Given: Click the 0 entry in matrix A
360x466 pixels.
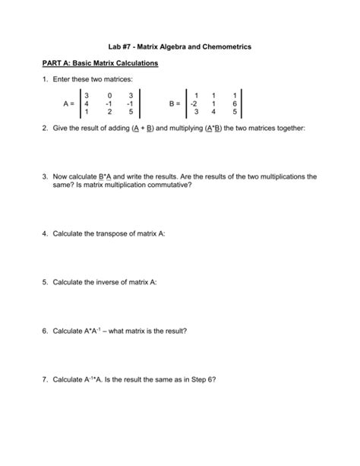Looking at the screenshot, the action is (x=110, y=94).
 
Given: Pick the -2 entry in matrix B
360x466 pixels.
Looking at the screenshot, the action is (x=195, y=103).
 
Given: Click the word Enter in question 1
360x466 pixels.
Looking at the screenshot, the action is (x=65, y=79).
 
